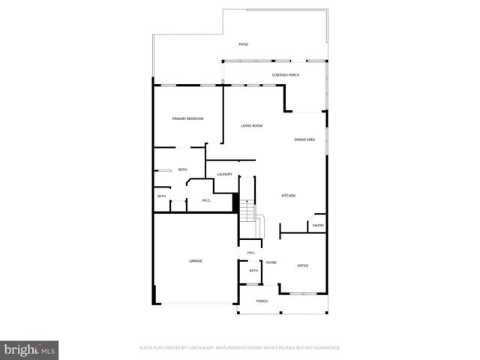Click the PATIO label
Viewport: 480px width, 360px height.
(x=243, y=45)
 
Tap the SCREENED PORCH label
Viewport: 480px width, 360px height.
(x=286, y=76)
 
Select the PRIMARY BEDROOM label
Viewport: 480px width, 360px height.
(x=187, y=118)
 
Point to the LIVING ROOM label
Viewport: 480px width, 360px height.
(x=251, y=125)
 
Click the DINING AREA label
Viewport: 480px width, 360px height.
(x=304, y=139)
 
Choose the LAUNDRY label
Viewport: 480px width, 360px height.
(x=224, y=175)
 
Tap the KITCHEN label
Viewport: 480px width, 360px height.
(x=289, y=196)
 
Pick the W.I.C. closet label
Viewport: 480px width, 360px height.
(x=205, y=199)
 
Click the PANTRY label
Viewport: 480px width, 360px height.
(x=318, y=225)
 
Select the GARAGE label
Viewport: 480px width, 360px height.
(x=195, y=260)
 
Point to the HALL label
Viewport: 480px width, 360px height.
(x=251, y=252)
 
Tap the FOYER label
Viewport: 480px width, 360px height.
(x=271, y=262)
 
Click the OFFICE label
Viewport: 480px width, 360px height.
(x=302, y=265)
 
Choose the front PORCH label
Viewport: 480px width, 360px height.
(x=262, y=301)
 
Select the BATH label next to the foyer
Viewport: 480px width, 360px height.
(x=253, y=271)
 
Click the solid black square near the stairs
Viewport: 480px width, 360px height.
(x=235, y=203)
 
